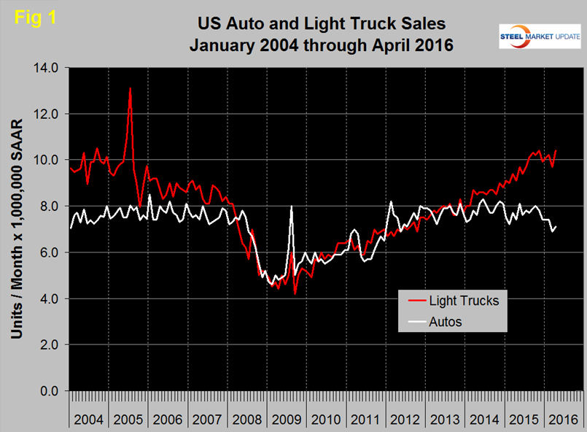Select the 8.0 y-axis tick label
pos(52,207)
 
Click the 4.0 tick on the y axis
pos(52,298)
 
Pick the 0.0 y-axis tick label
pos(52,391)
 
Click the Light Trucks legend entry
pos(463,300)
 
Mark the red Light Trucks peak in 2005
pos(130,88)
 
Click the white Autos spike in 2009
pos(292,207)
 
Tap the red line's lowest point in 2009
pos(295,293)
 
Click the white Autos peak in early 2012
pos(392,201)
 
